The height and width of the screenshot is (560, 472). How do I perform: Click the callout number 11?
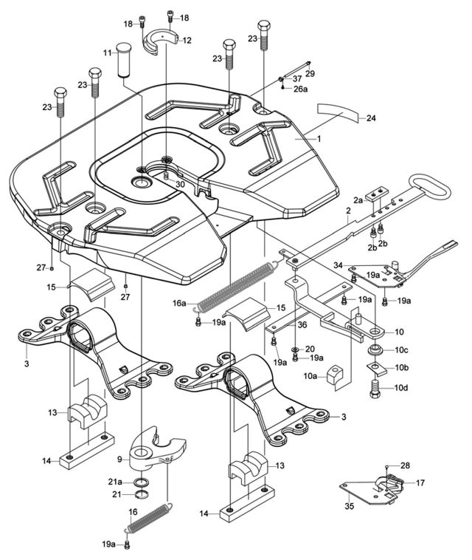(107, 52)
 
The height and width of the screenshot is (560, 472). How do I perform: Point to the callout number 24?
(371, 118)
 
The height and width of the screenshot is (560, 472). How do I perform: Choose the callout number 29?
(310, 73)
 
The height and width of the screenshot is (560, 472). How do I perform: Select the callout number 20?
(310, 348)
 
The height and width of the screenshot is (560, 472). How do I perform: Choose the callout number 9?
(119, 459)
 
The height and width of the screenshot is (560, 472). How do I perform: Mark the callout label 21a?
(116, 482)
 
